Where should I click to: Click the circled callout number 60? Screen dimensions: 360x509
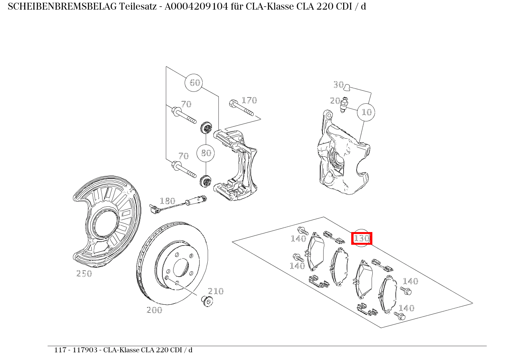click(x=195, y=83)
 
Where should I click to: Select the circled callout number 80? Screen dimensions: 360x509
click(x=206, y=153)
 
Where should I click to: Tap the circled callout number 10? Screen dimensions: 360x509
click(x=367, y=112)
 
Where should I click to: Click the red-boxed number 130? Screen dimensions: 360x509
click(x=362, y=238)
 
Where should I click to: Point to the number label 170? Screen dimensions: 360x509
click(x=249, y=100)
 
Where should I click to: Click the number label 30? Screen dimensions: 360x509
click(x=338, y=85)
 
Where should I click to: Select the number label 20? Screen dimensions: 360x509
click(x=335, y=101)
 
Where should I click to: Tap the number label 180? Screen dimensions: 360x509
click(x=167, y=201)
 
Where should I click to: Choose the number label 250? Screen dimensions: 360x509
click(x=84, y=274)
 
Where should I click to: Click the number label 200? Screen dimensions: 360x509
click(x=154, y=310)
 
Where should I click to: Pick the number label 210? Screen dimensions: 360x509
click(x=216, y=291)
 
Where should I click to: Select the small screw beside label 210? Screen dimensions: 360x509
click(x=207, y=301)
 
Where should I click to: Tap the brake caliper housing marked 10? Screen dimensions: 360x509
click(x=340, y=158)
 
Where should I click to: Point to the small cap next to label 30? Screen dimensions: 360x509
click(x=347, y=87)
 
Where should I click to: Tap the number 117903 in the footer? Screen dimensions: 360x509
click(x=87, y=350)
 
